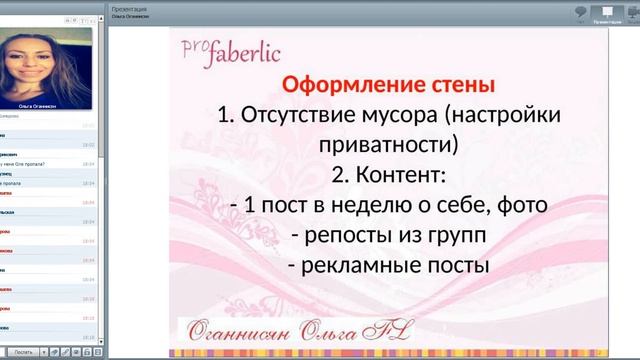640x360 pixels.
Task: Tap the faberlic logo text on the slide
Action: (245, 49)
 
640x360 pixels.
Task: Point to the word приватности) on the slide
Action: (389, 145)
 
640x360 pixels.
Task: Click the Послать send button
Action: (23, 352)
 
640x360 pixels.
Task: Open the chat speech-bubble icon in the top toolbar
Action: (580, 11)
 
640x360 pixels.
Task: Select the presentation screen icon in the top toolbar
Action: (607, 11)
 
